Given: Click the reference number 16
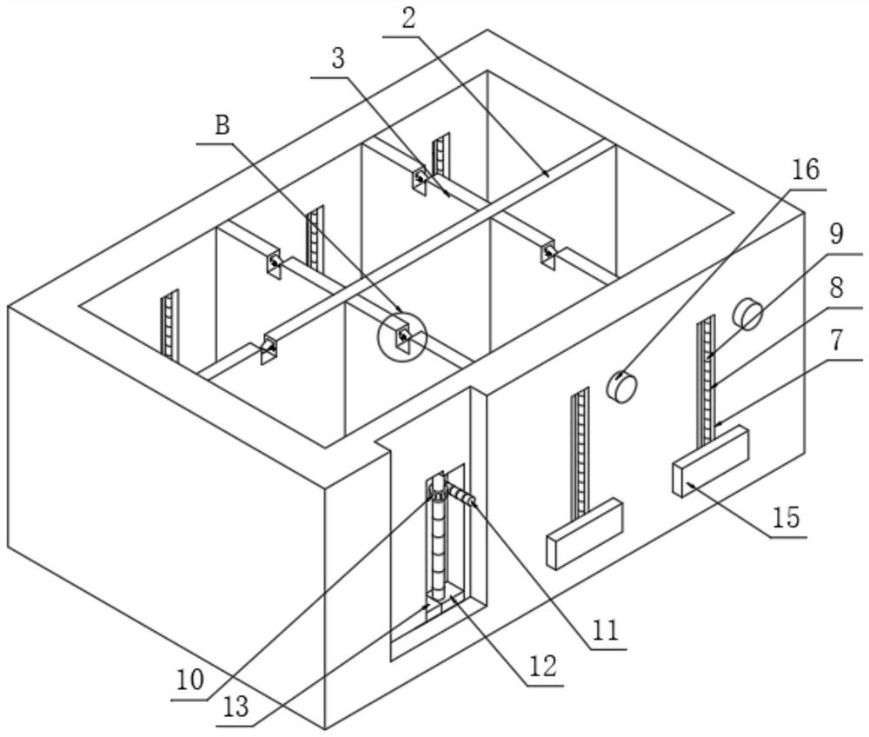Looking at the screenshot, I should point(806,169).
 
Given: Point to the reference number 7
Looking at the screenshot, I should point(836,341).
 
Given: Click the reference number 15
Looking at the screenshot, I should point(785,519).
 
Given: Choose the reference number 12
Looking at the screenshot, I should point(539,667).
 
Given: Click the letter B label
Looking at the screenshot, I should point(222,126).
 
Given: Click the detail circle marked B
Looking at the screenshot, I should point(402,335).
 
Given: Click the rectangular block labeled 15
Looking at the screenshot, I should point(710,461).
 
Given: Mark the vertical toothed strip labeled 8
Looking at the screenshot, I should point(705,374).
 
